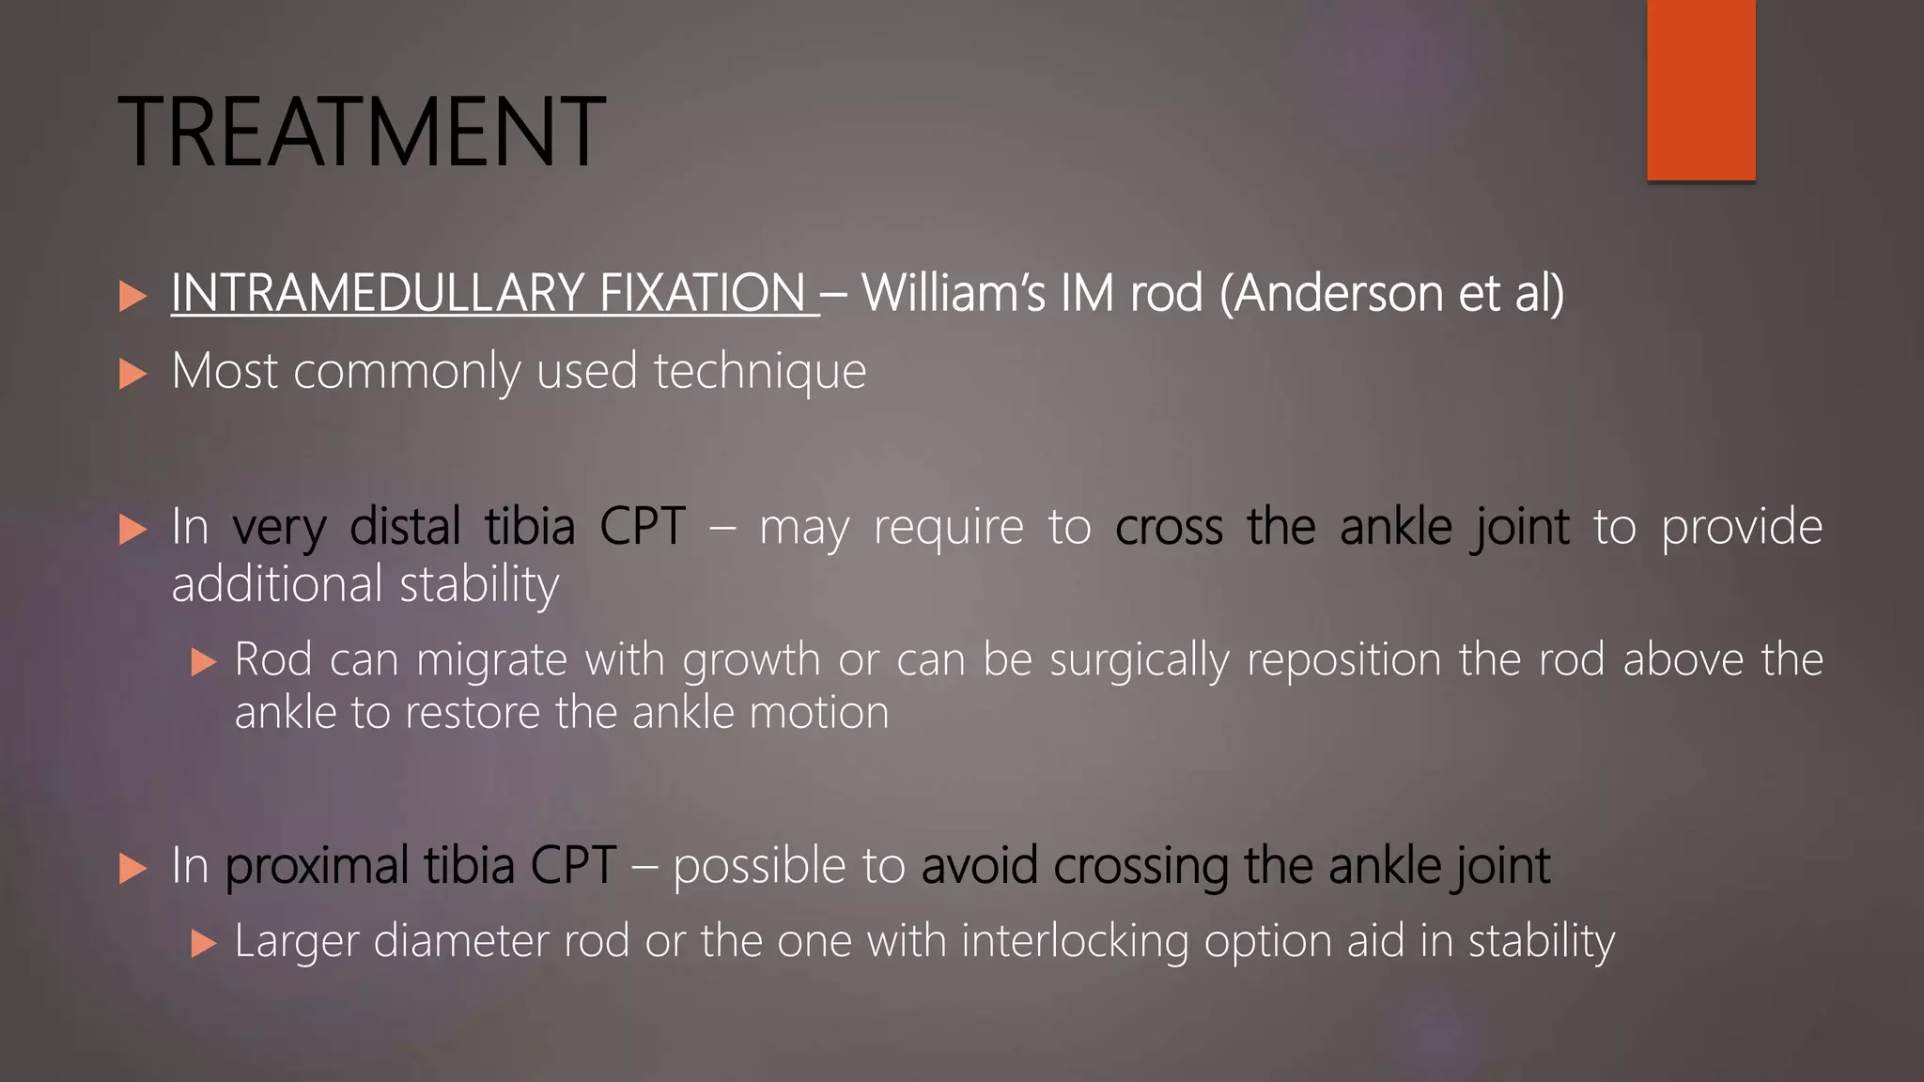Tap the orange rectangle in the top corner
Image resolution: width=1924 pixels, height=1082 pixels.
pyautogui.click(x=1700, y=89)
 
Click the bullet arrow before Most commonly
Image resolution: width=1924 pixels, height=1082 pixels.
pyautogui.click(x=133, y=375)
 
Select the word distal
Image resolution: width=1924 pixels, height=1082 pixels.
pyautogui.click(x=405, y=527)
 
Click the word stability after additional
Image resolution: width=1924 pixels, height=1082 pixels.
pyautogui.click(x=479, y=585)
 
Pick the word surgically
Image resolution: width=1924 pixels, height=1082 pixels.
pyautogui.click(x=1139, y=660)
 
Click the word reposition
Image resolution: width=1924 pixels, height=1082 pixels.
pyautogui.click(x=1343, y=660)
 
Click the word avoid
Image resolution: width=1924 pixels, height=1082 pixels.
pyautogui.click(x=979, y=866)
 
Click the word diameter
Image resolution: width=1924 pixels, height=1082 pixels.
pyautogui.click(x=460, y=941)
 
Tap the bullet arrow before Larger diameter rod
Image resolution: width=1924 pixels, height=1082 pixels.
pyautogui.click(x=203, y=943)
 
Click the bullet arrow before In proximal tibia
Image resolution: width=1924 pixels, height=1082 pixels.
pyautogui.click(x=133, y=869)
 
